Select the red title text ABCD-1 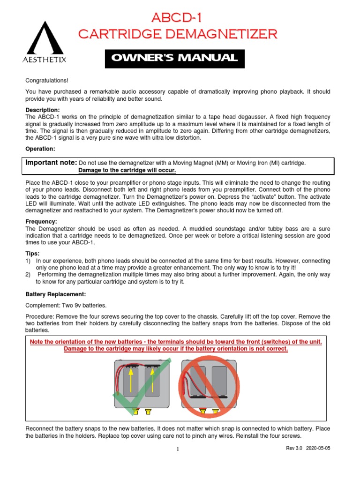178,18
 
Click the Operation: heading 40,149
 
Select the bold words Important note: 51,162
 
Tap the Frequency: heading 41,221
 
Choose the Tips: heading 32,253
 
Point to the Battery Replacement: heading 55,294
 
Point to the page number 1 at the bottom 178,450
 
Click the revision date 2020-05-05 318,448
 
